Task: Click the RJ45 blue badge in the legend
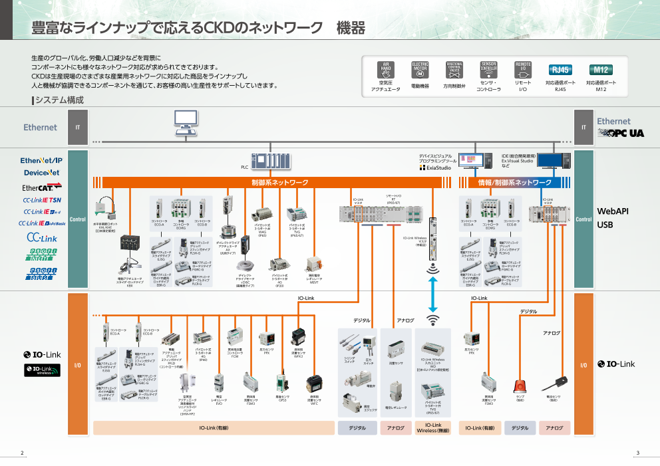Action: [560, 70]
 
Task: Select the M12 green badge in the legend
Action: [601, 70]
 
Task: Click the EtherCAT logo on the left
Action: [41, 187]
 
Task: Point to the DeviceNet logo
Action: [41, 173]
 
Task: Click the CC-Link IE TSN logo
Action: [42, 199]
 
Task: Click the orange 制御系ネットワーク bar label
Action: [279, 182]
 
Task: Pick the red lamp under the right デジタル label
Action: [520, 385]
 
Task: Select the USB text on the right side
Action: [605, 225]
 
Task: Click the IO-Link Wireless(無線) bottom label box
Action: [432, 428]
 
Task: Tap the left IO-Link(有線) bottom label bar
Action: [212, 428]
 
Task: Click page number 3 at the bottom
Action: [637, 453]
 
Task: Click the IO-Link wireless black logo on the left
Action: [43, 370]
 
